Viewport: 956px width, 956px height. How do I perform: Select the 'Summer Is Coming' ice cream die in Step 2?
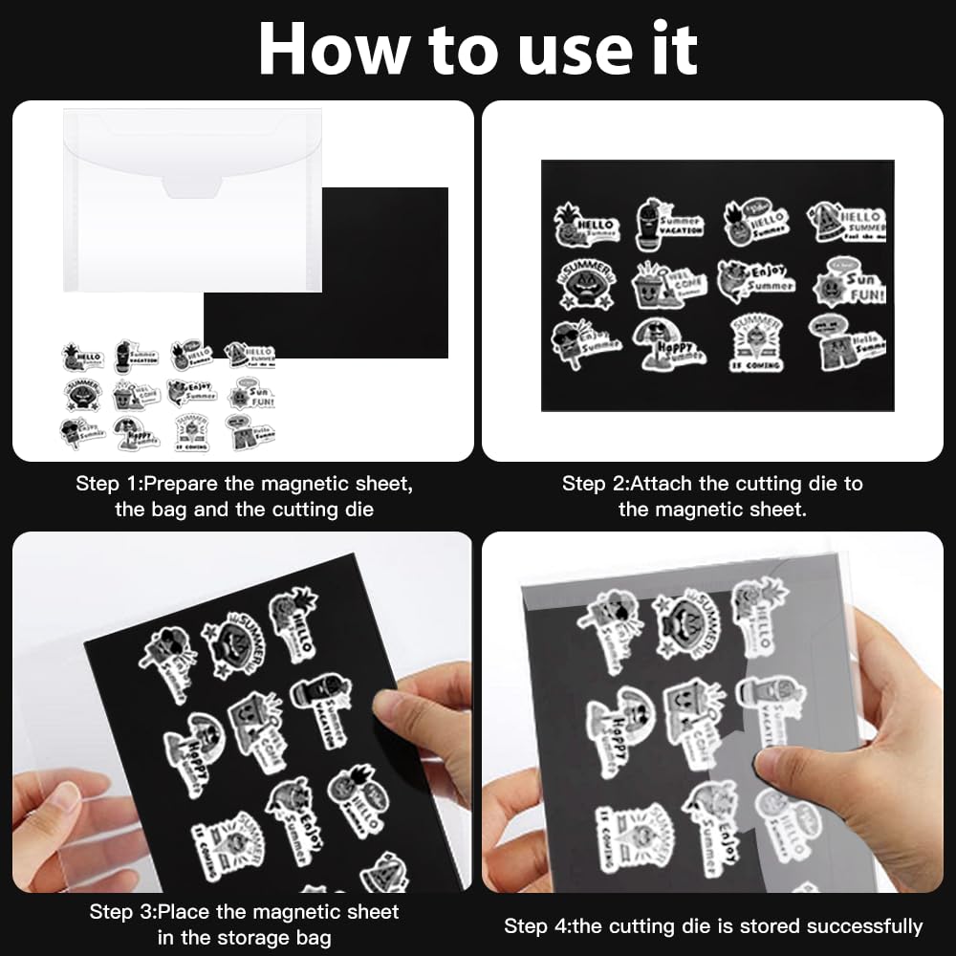756,342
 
